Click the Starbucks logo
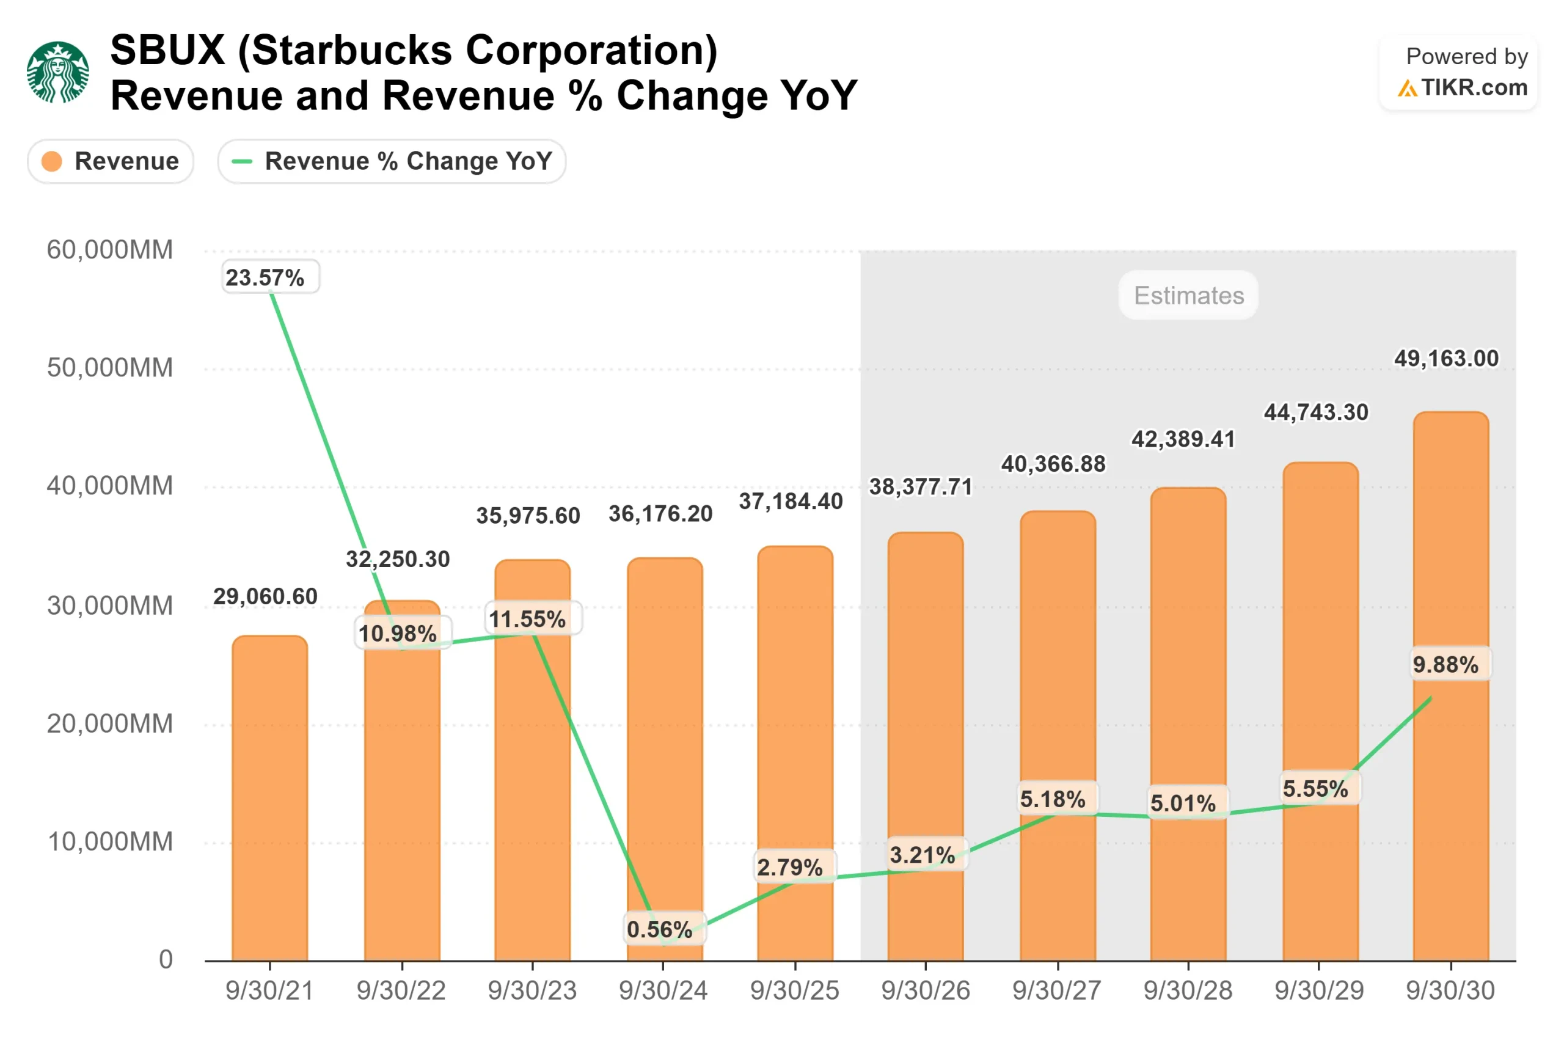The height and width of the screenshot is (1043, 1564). tap(58, 72)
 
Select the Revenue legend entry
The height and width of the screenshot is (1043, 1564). tap(111, 161)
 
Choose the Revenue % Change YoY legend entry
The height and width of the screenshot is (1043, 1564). tap(392, 161)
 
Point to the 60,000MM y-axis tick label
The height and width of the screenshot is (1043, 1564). tap(110, 250)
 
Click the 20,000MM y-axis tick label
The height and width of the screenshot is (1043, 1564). tap(110, 723)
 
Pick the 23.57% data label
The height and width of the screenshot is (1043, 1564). tap(265, 277)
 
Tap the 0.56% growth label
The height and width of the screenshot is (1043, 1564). tap(660, 929)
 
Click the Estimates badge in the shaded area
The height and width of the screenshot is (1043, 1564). tap(1188, 295)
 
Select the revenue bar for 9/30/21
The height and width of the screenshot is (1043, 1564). tap(270, 798)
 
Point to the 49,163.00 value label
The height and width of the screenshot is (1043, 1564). tap(1446, 359)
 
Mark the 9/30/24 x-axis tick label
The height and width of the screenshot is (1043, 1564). tap(663, 990)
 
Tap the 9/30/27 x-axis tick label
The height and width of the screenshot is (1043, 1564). tap(1057, 990)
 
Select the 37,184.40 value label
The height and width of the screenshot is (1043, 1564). tap(791, 502)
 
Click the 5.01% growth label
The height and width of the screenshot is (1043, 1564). tap(1183, 803)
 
